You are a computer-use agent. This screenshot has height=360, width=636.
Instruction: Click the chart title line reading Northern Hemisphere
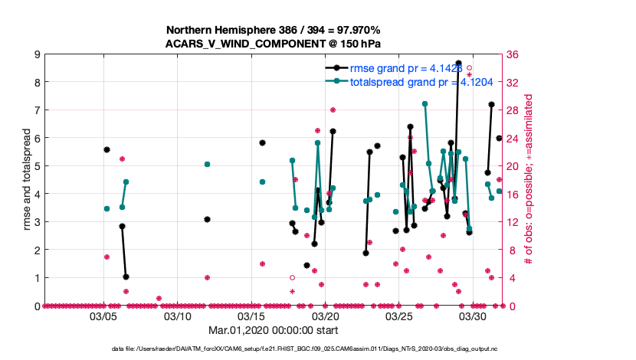point(274,29)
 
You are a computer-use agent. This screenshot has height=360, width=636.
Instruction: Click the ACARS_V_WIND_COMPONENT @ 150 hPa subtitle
point(274,43)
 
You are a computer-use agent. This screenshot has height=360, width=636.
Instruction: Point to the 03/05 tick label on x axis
point(104,316)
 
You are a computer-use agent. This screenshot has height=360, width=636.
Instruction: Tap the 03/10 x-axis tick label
point(179,316)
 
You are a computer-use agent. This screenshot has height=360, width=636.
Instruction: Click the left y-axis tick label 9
point(37,54)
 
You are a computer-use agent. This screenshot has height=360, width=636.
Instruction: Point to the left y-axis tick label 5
point(37,166)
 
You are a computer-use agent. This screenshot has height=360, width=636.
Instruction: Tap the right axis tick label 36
point(513,54)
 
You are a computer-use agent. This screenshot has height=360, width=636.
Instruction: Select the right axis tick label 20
point(513,166)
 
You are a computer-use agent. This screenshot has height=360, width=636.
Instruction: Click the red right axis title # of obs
point(529,180)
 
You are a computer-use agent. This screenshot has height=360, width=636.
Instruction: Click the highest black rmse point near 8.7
point(458,63)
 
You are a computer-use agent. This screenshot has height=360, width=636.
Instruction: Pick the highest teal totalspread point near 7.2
point(425,103)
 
